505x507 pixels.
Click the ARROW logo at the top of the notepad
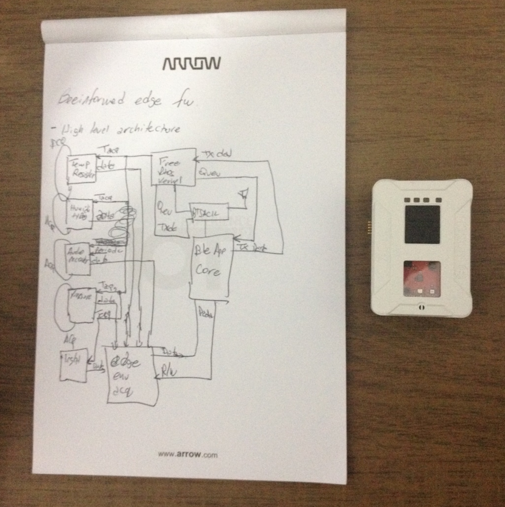coord(191,63)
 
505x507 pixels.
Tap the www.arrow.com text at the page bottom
coord(187,454)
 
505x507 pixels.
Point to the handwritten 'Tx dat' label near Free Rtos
coord(216,155)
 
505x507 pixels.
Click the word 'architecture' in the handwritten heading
coord(149,129)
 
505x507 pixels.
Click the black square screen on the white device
coord(422,224)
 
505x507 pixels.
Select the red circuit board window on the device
coord(422,278)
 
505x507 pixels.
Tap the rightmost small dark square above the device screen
coord(438,200)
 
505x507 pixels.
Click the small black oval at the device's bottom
coord(422,306)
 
